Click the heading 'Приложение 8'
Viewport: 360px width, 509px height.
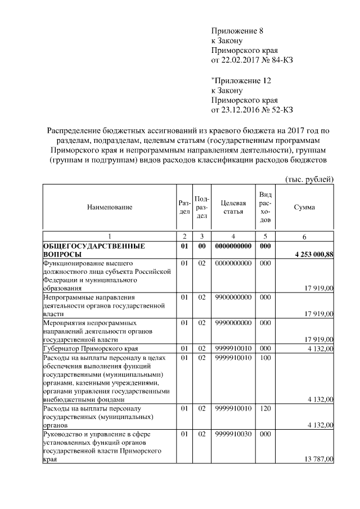pos(237,30)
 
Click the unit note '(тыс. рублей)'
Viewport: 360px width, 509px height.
pos(307,179)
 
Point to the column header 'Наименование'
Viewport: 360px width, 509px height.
pos(110,208)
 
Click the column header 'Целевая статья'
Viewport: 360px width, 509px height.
pos(233,208)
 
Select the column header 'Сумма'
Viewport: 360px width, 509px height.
pos(304,208)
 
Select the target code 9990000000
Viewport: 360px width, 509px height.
pos(233,323)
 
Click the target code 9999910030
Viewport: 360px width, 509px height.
pos(233,434)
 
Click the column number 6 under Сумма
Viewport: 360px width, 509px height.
pos(304,235)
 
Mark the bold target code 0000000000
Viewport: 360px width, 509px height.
pos(233,246)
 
